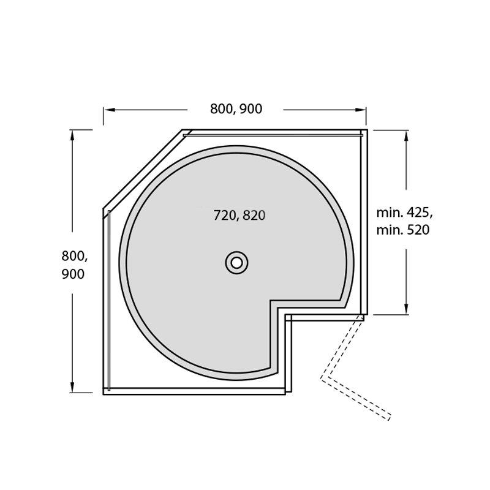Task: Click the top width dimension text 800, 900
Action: coord(236,109)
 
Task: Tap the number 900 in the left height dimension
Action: coord(73,275)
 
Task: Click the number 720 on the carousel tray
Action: coord(225,216)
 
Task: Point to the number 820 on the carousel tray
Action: coord(254,216)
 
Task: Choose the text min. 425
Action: coord(404,213)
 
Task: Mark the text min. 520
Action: coord(402,230)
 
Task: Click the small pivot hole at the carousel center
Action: coord(236,263)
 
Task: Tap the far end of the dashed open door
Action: coord(388,418)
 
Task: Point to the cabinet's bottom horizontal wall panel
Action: coord(193,391)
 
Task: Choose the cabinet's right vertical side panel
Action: coord(364,221)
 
